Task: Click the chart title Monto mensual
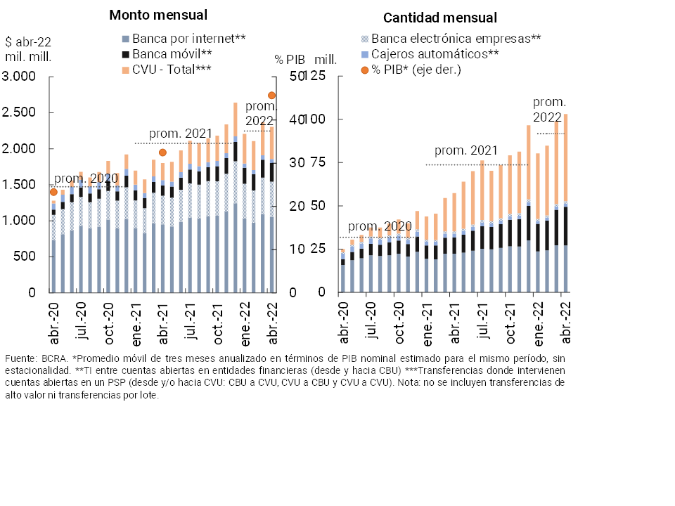[158, 15]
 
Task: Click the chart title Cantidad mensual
[441, 18]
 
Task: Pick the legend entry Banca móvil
[167, 53]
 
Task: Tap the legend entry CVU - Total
[167, 69]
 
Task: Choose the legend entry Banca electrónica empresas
[456, 38]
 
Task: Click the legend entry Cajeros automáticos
[435, 53]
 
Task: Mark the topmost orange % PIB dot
[271, 96]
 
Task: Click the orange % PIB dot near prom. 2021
[162, 153]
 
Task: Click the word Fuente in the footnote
[20, 359]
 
